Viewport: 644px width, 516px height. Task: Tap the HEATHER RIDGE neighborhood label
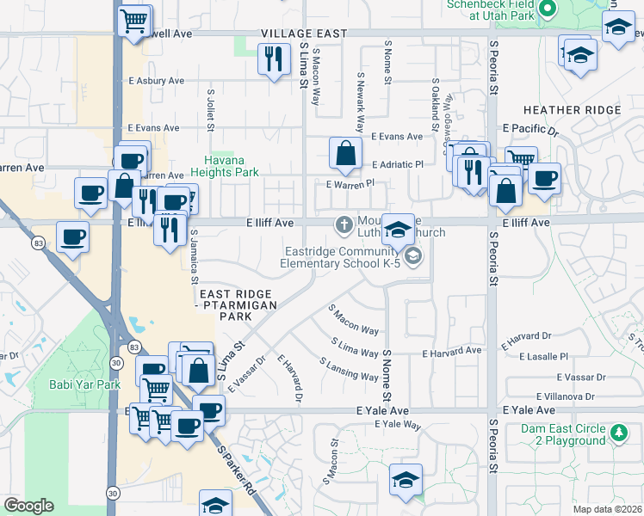tap(572, 110)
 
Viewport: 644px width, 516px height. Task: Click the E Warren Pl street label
tap(350, 183)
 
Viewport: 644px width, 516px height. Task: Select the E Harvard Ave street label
tap(451, 351)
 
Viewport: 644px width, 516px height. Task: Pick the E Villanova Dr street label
tap(566, 396)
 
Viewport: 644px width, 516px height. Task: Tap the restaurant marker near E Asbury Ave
tap(273, 59)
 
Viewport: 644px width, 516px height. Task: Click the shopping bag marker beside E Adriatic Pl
tap(344, 154)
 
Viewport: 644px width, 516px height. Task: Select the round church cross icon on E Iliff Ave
tap(344, 225)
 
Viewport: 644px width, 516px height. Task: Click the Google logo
tap(28, 506)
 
